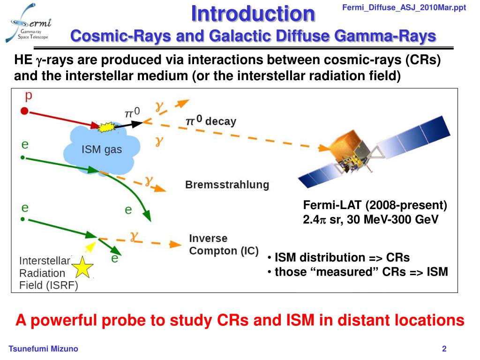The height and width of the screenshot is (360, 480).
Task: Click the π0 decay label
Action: click(x=211, y=121)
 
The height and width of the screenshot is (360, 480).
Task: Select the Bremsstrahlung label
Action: click(x=227, y=185)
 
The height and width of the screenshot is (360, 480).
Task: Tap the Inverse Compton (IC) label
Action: click(x=223, y=245)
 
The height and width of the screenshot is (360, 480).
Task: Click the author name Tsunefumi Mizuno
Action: click(x=44, y=349)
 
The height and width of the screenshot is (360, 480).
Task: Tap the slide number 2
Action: click(x=444, y=349)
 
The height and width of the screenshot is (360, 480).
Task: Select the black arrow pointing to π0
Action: click(x=129, y=125)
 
